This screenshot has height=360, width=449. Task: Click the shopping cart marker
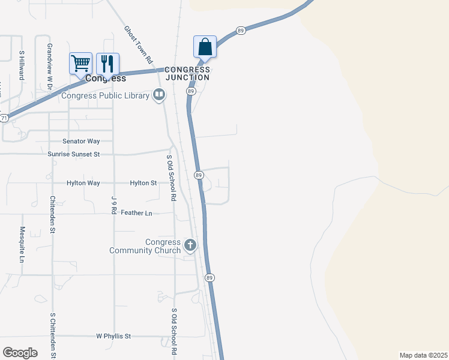point(81,63)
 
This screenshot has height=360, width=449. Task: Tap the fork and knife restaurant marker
point(107,63)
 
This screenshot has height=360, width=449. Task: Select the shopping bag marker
point(205,47)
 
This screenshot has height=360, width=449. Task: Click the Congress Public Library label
point(106,95)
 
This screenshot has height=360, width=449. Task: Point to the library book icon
point(159,95)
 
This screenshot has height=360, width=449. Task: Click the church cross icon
point(190,245)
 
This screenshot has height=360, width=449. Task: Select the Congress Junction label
point(187,73)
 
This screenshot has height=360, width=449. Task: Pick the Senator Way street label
point(80,141)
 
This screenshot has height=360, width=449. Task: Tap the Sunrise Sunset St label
point(73,154)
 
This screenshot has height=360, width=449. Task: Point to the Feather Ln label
point(136,213)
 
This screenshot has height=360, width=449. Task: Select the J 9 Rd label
point(113,205)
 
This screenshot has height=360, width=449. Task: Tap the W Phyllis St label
point(113,337)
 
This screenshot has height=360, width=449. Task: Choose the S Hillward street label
point(21,65)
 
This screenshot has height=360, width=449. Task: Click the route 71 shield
point(4,118)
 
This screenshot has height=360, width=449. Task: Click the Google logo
point(20,353)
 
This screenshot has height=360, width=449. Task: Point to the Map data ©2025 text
point(423,355)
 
